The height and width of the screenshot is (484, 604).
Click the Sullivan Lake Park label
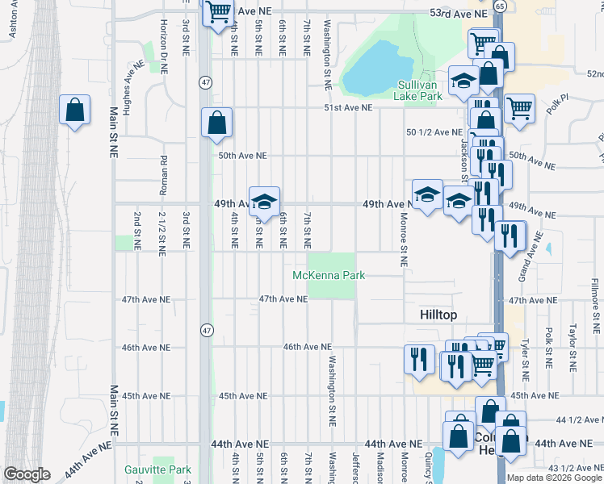419,90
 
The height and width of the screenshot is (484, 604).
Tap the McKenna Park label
329,276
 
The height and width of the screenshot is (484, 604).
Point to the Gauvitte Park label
157,469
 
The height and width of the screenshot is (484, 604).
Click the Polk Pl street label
558,104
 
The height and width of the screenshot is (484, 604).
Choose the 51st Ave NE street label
348,107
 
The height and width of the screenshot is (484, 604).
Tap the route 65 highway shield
500,6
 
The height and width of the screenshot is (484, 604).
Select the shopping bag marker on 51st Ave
217,123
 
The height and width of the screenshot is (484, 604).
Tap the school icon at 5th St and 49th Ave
263,202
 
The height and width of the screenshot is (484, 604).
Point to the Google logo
27,474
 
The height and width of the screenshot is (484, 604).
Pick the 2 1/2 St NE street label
162,230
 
